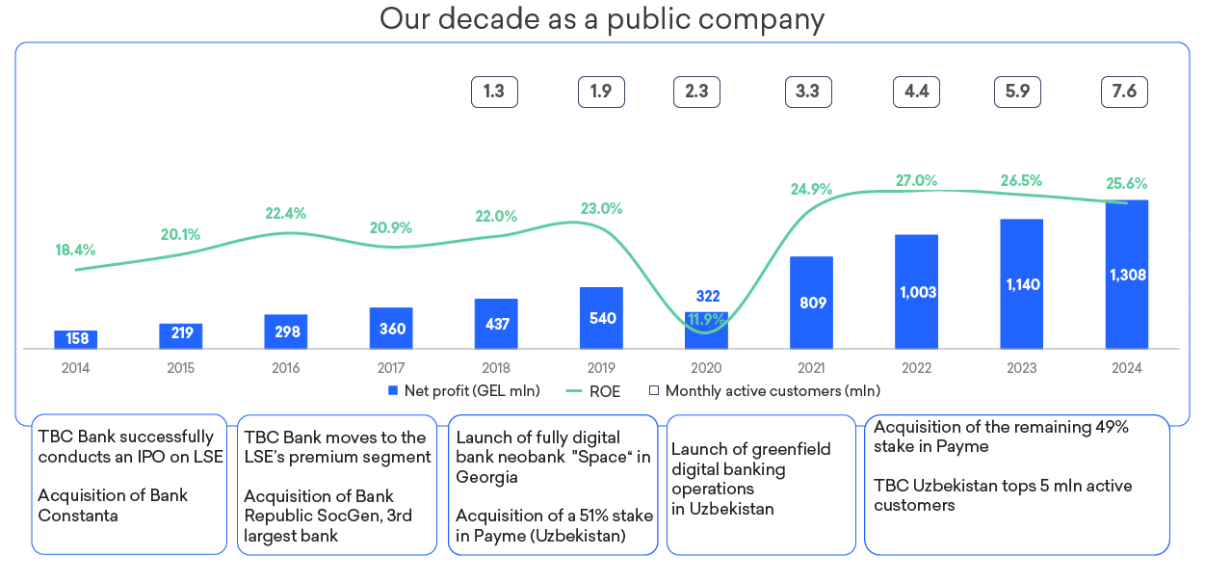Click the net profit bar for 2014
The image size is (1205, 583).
(x=75, y=339)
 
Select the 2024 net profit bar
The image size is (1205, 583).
(x=1127, y=275)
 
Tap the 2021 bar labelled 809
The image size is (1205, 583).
(x=811, y=303)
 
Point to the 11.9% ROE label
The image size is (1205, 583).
(x=705, y=319)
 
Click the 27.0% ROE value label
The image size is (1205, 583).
(x=916, y=180)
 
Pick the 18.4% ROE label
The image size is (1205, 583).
(x=75, y=250)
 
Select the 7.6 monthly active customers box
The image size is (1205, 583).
(x=1124, y=92)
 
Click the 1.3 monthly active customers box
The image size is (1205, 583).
(x=494, y=92)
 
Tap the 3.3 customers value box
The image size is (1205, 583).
(x=807, y=92)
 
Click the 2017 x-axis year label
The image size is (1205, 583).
(x=391, y=368)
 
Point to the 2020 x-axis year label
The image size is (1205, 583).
(x=706, y=368)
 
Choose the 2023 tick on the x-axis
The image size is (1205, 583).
(x=1021, y=368)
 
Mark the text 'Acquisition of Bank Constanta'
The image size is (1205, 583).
(x=113, y=505)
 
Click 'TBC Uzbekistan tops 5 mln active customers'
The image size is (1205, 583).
(x=1003, y=495)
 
